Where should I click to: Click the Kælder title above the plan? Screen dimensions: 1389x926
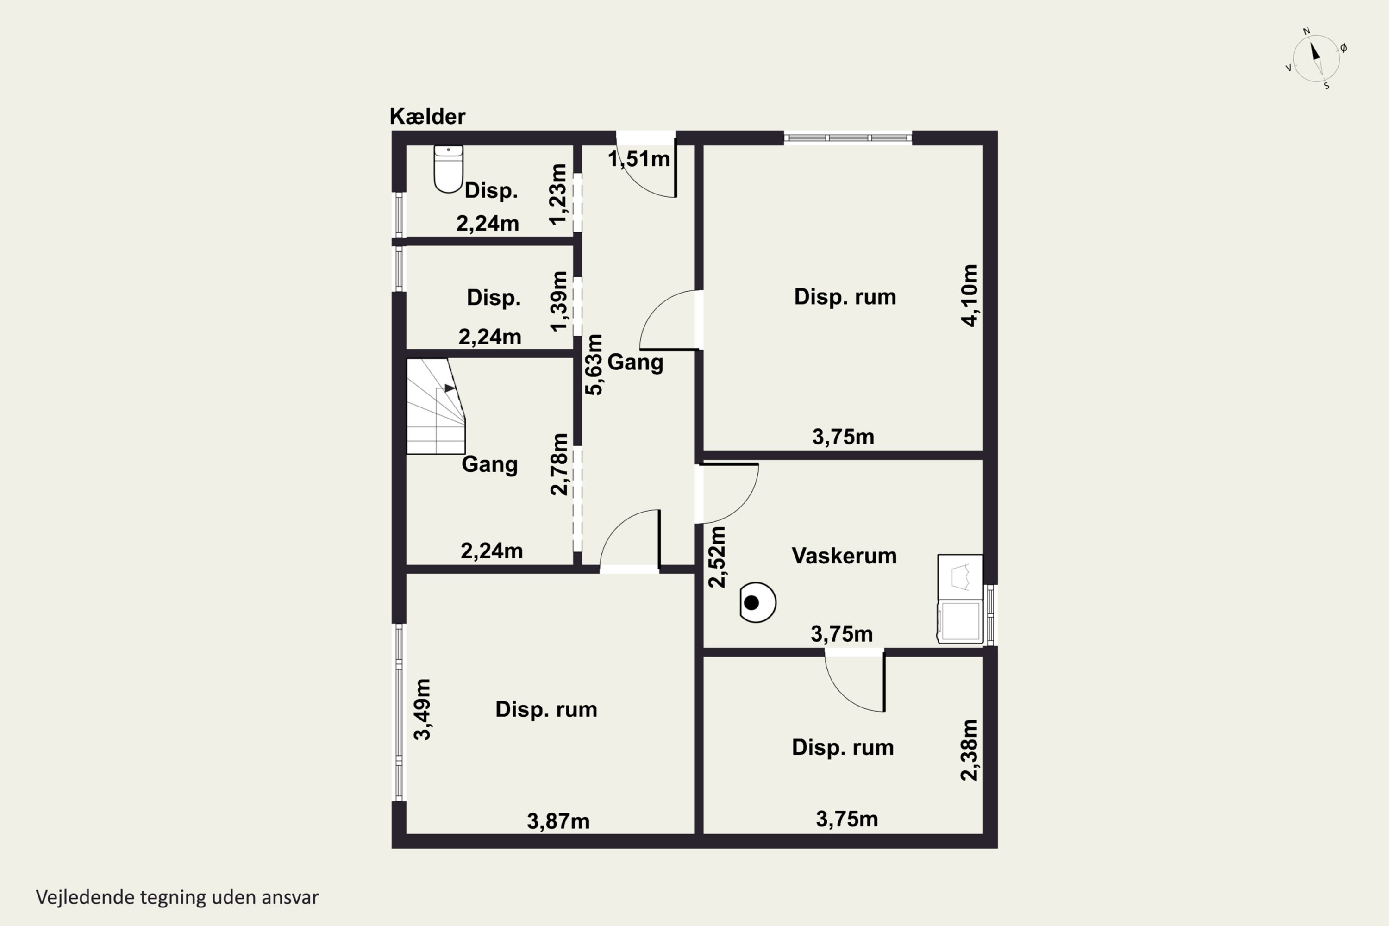(x=427, y=116)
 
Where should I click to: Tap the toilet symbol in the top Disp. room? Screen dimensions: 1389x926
(x=448, y=169)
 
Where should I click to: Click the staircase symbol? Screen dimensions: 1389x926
(x=436, y=407)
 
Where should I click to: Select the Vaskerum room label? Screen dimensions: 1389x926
(x=844, y=556)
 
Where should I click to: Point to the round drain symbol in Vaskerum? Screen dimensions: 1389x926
(x=757, y=602)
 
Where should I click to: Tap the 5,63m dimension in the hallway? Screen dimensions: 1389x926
(x=594, y=364)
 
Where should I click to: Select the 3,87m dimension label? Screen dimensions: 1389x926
(x=558, y=821)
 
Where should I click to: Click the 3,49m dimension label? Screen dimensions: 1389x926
(x=422, y=709)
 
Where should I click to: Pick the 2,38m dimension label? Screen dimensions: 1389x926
(x=969, y=750)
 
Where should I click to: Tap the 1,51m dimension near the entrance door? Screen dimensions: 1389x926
(x=639, y=159)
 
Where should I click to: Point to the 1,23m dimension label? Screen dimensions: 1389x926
(x=557, y=194)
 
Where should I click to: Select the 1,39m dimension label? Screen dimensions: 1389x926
(x=558, y=301)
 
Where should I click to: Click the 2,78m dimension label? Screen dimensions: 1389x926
(x=559, y=464)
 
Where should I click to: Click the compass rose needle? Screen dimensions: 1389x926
(x=1316, y=58)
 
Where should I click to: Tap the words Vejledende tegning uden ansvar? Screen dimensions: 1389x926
(x=177, y=897)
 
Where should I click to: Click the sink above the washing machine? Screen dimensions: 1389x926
(x=960, y=576)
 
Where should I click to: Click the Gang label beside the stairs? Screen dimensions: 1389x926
(x=489, y=464)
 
